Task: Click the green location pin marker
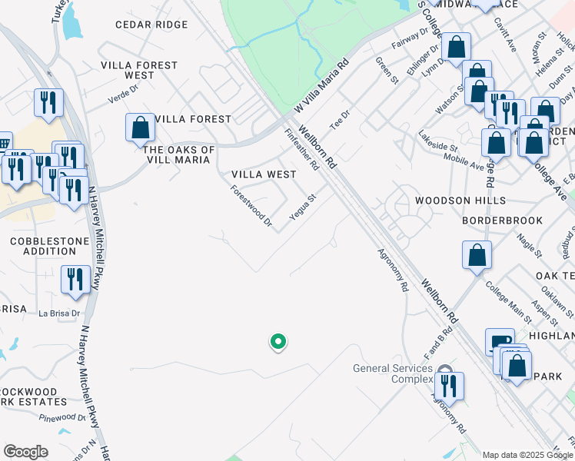tap(279, 342)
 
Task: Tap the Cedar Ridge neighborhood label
tap(151, 25)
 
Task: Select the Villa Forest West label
tap(139, 70)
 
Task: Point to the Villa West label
tap(264, 174)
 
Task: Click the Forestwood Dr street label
tap(252, 205)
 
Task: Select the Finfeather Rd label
tap(301, 149)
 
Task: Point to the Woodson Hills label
tap(460, 201)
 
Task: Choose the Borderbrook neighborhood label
tap(502, 221)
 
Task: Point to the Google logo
tap(25, 452)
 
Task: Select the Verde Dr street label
tap(122, 95)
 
